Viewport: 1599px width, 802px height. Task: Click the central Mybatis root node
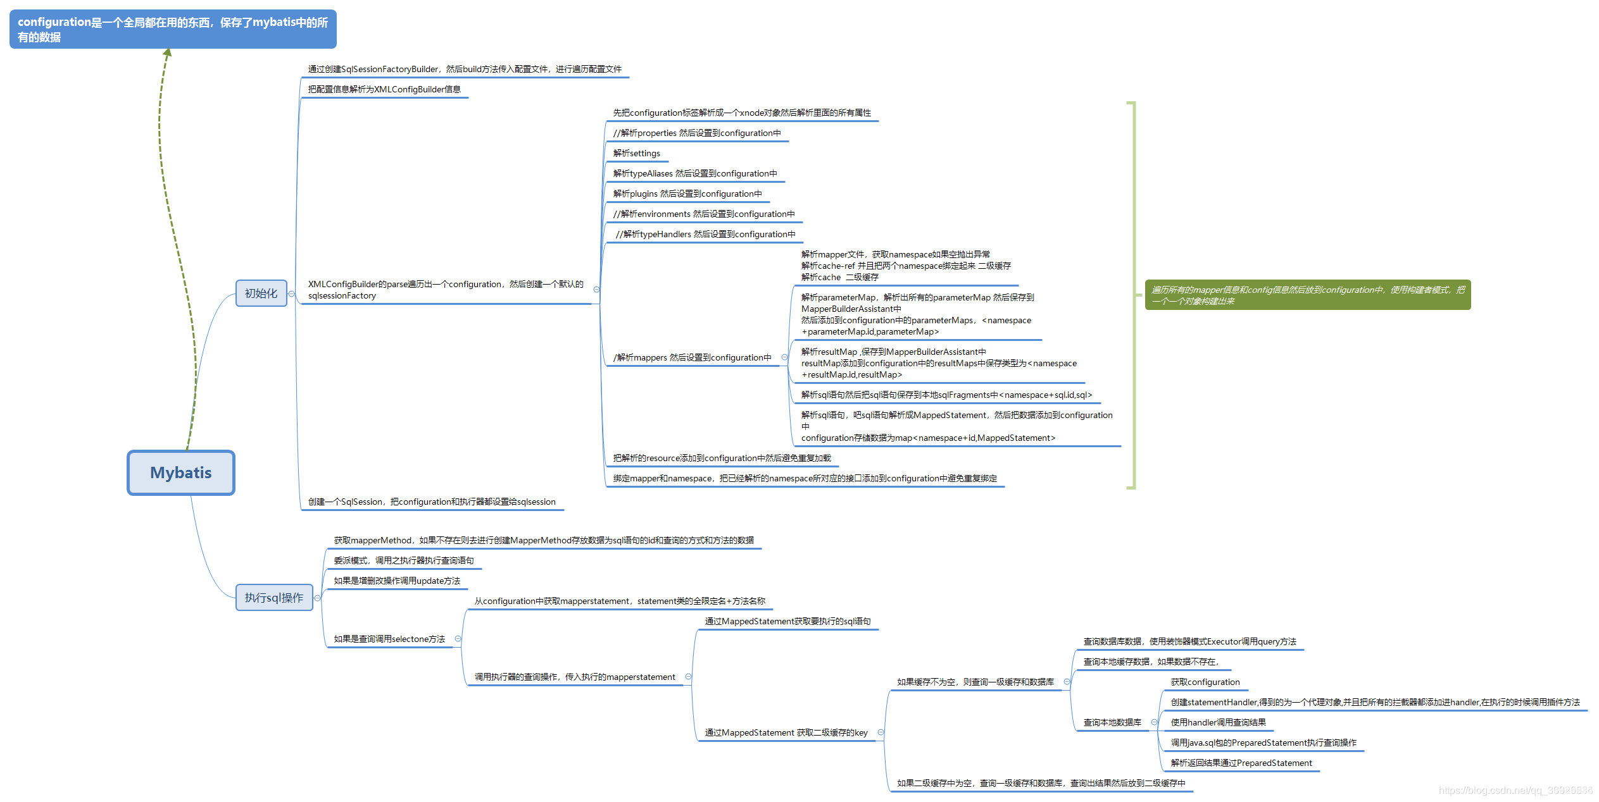click(x=180, y=472)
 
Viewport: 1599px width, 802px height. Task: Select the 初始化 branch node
click(x=261, y=293)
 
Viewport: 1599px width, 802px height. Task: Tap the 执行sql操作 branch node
click(x=274, y=598)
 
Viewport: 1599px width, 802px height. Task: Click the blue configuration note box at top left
click(x=173, y=29)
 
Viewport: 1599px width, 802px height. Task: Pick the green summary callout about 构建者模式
click(x=1307, y=295)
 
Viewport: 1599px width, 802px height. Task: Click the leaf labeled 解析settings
click(x=636, y=154)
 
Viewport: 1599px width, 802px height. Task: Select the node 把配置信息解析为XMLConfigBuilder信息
click(x=384, y=90)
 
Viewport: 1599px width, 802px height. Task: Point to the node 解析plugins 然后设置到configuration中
click(x=687, y=194)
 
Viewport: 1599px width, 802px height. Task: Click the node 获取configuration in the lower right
click(x=1205, y=682)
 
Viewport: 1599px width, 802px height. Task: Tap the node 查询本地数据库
click(x=1112, y=722)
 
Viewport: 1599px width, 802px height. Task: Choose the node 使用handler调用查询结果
click(x=1218, y=723)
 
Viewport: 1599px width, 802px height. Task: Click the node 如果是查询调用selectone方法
click(x=389, y=639)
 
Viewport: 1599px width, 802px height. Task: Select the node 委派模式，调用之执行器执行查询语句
click(x=404, y=561)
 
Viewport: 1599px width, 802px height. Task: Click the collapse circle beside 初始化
click(x=291, y=293)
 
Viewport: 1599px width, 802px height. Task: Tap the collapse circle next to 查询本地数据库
click(x=1154, y=722)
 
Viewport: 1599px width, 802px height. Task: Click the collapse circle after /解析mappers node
click(x=784, y=357)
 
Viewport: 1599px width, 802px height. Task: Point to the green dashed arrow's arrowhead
click(x=168, y=52)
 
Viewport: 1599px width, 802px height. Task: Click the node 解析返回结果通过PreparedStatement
click(x=1241, y=763)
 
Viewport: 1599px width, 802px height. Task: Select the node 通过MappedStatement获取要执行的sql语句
click(x=787, y=622)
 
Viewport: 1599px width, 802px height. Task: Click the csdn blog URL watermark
click(x=1515, y=790)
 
